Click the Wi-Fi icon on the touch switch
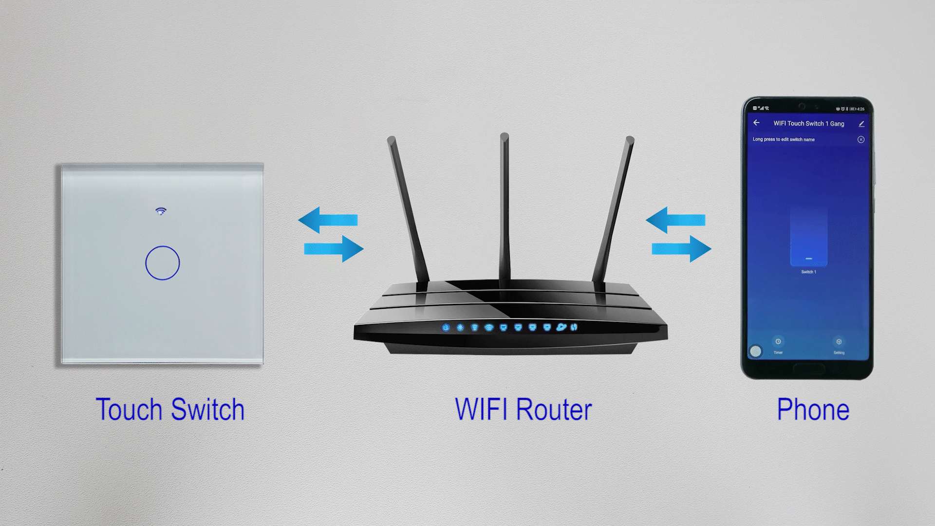pos(161,211)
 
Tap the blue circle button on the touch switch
pos(163,263)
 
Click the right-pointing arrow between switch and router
pos(334,249)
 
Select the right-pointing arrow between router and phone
pos(682,249)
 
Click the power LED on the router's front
pos(446,327)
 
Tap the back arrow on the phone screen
pos(756,123)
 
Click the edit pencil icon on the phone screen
pos(861,124)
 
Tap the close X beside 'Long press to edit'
pos(861,140)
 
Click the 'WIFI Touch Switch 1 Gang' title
pos(809,124)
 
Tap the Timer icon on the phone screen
pos(778,342)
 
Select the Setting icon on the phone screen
pos(839,342)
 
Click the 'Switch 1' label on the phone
pos(809,272)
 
